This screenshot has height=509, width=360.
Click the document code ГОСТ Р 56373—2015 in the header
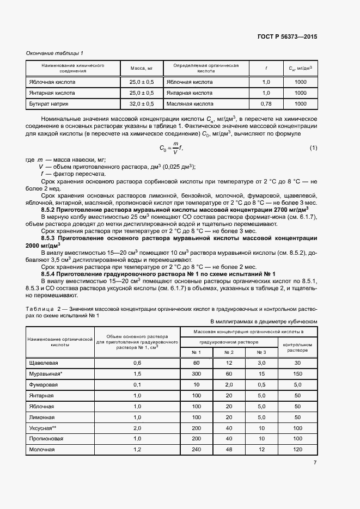(x=286, y=36)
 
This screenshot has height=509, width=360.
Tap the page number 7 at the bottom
(x=315, y=463)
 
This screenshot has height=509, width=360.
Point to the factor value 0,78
(x=266, y=103)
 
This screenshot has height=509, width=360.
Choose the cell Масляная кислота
(x=190, y=103)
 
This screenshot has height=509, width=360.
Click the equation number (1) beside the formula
(x=313, y=148)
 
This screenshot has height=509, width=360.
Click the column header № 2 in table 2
(x=229, y=353)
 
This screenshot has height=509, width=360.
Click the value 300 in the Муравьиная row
(x=196, y=374)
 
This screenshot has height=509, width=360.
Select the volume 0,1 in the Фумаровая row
(x=137, y=385)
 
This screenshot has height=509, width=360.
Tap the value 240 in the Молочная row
(x=196, y=450)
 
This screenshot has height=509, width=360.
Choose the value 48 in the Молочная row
(x=229, y=450)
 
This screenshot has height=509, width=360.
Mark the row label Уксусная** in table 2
(x=43, y=428)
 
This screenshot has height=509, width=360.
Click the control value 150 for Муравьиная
(x=297, y=374)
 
